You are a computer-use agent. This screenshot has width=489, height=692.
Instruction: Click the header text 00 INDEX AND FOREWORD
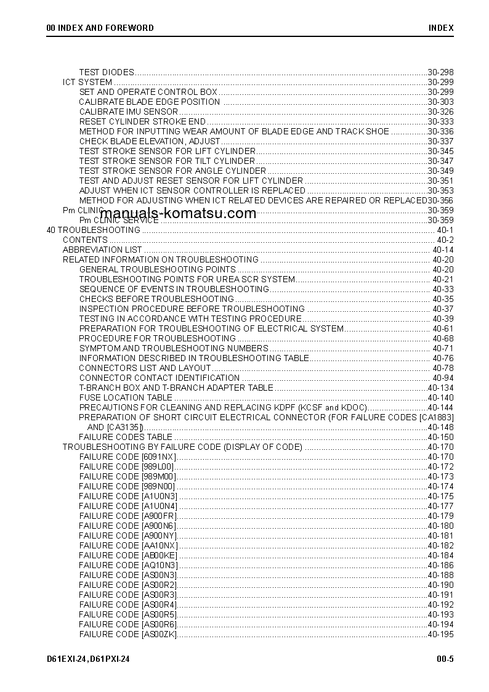(x=100, y=28)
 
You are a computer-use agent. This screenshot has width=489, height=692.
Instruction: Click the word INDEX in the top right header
(x=441, y=28)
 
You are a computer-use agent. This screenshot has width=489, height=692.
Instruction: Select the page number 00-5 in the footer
(x=445, y=659)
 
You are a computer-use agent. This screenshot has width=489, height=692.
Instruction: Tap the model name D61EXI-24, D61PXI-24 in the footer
(x=88, y=659)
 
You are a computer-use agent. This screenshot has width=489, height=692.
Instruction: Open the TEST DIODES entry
(x=107, y=72)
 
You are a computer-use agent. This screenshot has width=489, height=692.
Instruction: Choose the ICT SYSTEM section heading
(x=87, y=82)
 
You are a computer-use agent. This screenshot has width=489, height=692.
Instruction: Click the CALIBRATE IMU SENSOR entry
(x=128, y=112)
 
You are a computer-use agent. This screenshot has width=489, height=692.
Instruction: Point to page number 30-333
(x=440, y=121)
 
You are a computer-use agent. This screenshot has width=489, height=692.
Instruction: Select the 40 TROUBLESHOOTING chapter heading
(x=94, y=230)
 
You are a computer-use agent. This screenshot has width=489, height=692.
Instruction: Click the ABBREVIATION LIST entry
(x=102, y=250)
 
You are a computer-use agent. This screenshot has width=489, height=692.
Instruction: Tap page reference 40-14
(x=443, y=250)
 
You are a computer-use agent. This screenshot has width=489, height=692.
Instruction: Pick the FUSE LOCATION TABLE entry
(x=126, y=397)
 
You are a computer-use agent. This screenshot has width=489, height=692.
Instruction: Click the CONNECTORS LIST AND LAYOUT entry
(x=145, y=368)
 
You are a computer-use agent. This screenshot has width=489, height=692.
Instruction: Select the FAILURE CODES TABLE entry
(x=126, y=437)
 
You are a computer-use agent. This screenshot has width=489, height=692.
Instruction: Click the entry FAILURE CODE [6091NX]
(x=127, y=457)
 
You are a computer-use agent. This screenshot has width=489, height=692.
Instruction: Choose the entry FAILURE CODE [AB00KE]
(x=128, y=555)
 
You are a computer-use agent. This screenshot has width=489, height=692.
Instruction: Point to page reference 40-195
(x=440, y=634)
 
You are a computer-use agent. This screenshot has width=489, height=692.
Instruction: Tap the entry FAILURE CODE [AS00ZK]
(x=128, y=634)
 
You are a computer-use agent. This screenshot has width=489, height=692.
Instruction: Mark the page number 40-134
(x=440, y=388)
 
